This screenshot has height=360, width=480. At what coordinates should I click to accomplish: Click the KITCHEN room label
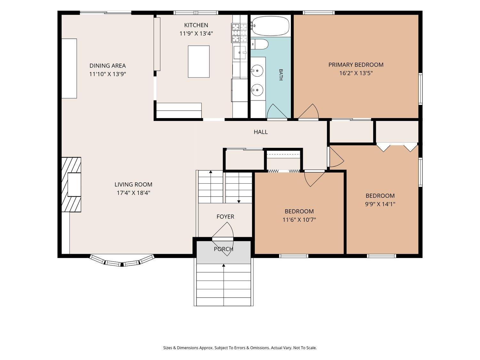pos(196,25)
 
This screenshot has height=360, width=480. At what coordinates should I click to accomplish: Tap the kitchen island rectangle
pos(199,61)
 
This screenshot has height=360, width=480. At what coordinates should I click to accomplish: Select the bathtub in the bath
pos(270,26)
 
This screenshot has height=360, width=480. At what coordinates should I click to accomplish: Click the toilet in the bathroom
pos(259,44)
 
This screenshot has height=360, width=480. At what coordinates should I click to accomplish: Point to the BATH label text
pos(281,75)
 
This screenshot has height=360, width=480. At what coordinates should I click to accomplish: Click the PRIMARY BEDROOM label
pos(356,65)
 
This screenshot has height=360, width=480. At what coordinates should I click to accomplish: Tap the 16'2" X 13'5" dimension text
pos(356,73)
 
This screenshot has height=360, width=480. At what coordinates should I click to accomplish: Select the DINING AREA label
pos(108,66)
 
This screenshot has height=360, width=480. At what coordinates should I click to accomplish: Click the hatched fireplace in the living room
pos(71,185)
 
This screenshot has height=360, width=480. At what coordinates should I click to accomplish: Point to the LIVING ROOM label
pos(133,185)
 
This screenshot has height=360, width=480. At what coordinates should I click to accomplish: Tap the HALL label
pos(261,132)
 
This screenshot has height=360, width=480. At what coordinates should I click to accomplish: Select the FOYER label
pos(225,217)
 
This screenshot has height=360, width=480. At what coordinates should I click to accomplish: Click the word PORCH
pos(223,249)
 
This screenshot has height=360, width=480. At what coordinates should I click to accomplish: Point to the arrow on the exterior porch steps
pos(223,285)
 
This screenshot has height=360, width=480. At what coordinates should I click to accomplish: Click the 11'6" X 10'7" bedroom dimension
pos(299,220)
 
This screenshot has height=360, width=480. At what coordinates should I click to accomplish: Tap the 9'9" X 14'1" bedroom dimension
pos(380,204)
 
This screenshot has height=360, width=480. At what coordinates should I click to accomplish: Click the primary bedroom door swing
pos(308,111)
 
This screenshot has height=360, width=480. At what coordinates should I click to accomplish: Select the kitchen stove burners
pos(239,33)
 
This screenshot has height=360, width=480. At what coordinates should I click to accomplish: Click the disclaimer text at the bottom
pos(240,348)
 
